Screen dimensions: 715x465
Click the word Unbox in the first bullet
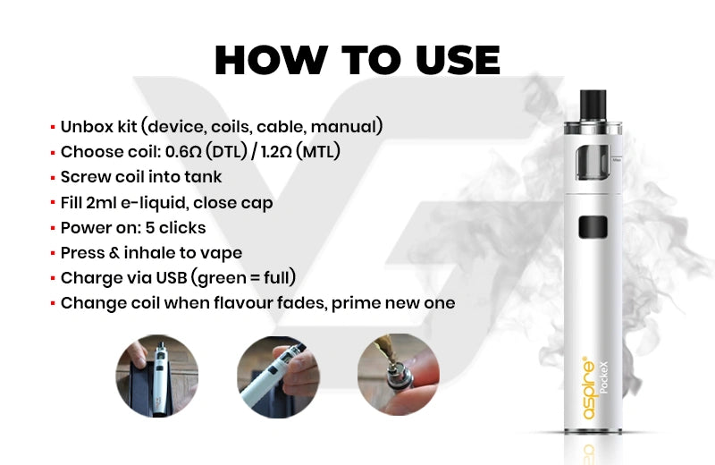(87, 126)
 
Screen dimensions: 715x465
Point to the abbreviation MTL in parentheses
(318, 151)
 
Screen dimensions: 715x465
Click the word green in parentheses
(217, 278)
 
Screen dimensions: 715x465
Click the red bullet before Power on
(53, 228)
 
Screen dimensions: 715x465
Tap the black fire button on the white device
(593, 227)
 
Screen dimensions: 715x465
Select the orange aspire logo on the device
(589, 388)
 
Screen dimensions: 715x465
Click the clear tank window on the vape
(593, 163)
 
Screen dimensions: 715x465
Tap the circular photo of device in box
(157, 376)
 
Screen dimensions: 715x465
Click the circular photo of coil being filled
(399, 375)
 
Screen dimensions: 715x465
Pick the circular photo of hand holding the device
(278, 377)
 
